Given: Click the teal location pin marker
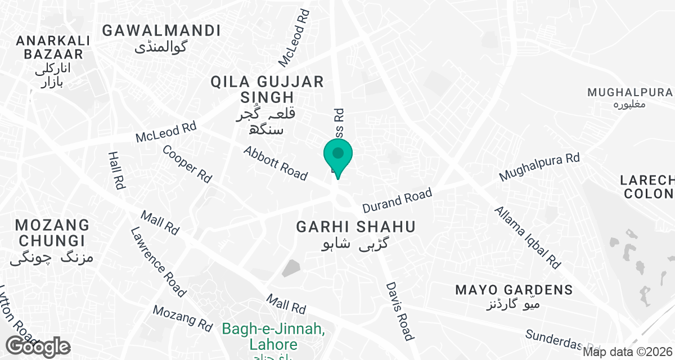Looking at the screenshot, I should (338, 157).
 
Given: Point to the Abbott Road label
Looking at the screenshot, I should (276, 164).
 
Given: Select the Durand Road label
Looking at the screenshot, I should (397, 201).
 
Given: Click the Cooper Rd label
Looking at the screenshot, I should (187, 164).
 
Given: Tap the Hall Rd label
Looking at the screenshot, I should (116, 169).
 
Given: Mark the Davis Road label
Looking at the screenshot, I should (400, 310).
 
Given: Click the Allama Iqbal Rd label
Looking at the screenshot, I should (528, 237).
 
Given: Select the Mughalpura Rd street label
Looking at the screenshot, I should (539, 167).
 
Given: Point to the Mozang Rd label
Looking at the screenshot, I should (182, 318).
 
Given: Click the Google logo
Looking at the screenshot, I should (38, 346).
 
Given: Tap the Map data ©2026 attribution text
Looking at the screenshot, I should (627, 352).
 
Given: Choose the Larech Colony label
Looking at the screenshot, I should (647, 187).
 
